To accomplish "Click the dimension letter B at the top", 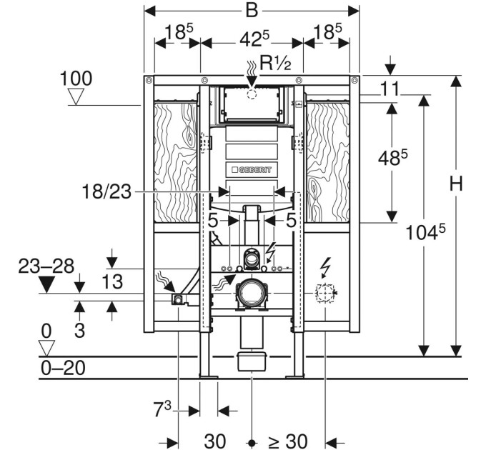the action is pos(252,11).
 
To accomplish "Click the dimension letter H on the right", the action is pos(456,184).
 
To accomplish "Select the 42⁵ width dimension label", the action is pos(254,39).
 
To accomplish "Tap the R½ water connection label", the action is pos(275,63).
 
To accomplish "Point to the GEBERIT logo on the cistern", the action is pos(252,170).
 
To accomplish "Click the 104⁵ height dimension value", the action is pos(425,231).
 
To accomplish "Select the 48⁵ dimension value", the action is pos(392,157).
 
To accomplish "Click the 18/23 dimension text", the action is pos(106,191).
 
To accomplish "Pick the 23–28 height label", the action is pos(46,266).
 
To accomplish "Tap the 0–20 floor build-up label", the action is pos(63,369).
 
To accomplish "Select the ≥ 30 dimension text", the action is pos(288,441).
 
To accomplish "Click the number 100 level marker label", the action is pos(76,79).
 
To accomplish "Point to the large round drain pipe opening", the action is pos(252,293).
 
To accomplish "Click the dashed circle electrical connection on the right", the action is pos(324,292).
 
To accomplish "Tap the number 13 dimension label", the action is pos(112,282).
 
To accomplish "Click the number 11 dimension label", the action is pos(390,89).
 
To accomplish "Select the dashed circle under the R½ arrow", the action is pos(252,94).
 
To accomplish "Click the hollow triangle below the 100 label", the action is pos(76,96).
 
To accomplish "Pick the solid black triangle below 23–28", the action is pos(46,284).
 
